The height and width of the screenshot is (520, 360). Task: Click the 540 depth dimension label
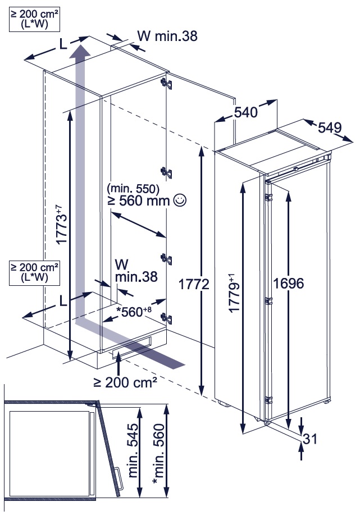tap(245, 112)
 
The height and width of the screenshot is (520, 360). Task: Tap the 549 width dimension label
tap(330, 128)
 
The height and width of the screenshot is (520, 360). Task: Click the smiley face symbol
tap(180, 199)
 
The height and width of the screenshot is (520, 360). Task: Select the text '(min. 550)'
tap(134, 188)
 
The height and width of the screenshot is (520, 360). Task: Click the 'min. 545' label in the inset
tap(134, 451)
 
